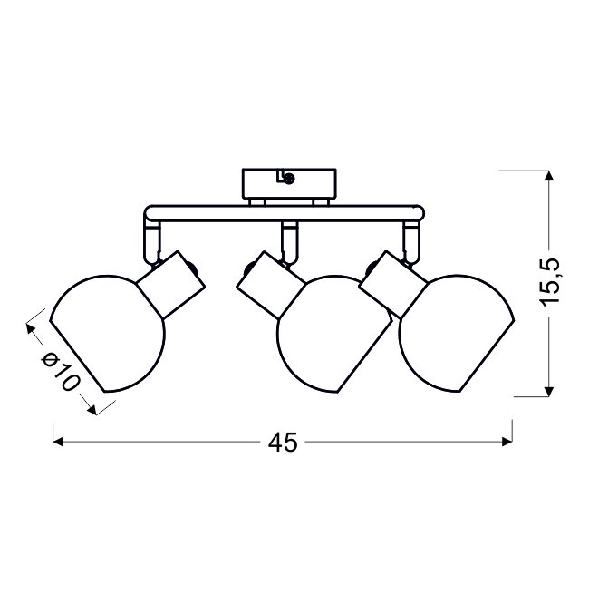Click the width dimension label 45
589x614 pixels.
[x=283, y=443]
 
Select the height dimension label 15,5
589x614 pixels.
[x=550, y=281]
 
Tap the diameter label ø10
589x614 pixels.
[x=61, y=370]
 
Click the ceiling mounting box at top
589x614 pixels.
[x=289, y=183]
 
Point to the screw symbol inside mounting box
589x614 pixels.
[x=289, y=179]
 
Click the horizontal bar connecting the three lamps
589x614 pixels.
[x=285, y=213]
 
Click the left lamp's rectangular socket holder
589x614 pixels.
[x=171, y=284]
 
